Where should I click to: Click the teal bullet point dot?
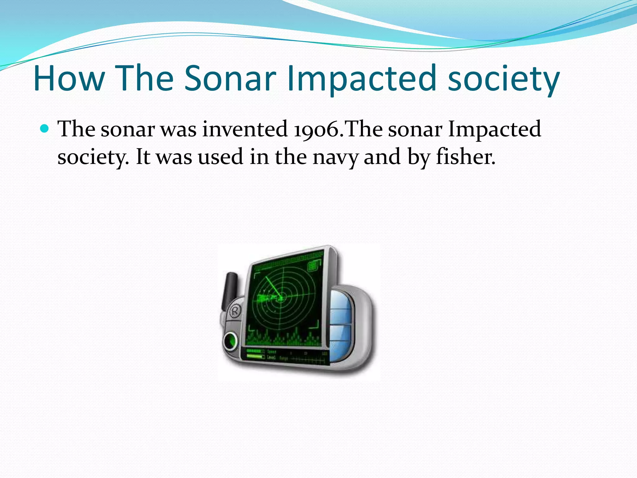(45, 128)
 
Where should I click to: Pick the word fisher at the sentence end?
(465, 157)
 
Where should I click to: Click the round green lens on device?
(231, 341)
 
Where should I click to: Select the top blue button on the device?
(341, 299)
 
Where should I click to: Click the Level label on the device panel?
(271, 357)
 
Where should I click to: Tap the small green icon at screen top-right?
(314, 265)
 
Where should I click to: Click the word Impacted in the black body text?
(494, 129)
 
